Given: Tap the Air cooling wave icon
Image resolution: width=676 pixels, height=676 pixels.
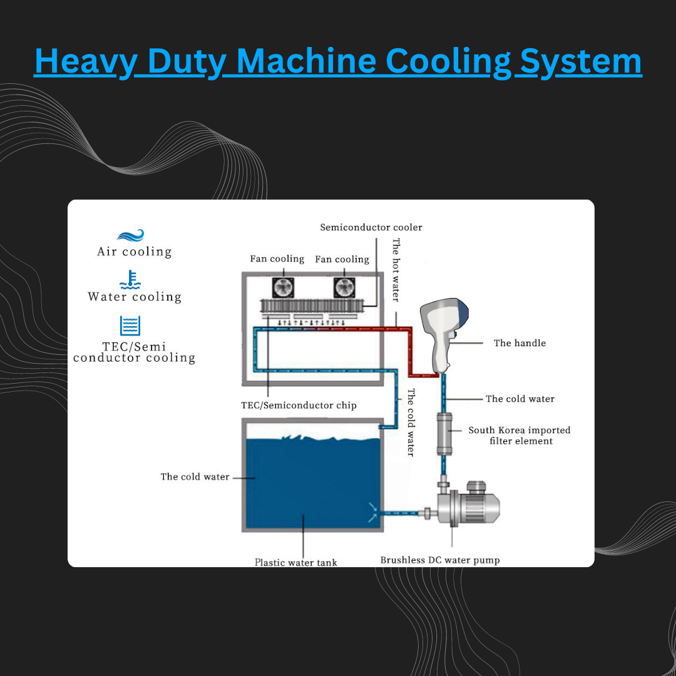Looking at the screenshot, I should point(130,235).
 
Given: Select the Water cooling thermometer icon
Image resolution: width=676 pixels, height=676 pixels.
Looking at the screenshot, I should point(130,280).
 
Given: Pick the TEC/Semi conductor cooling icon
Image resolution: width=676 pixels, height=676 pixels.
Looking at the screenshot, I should point(130,326).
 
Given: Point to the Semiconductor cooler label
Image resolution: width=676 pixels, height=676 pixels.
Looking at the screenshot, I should point(371,227).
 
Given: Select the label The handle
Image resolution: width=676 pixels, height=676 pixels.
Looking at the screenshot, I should point(520,343).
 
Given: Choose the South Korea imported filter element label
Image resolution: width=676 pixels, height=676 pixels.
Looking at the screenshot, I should point(520,436).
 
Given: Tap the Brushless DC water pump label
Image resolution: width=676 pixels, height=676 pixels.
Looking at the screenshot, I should point(440,560).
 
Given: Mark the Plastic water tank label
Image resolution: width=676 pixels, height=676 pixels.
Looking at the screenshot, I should point(295,562).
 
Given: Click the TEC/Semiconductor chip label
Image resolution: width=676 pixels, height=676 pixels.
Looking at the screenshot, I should point(299,406).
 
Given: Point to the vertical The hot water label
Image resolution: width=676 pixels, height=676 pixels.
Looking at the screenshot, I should point(396,269).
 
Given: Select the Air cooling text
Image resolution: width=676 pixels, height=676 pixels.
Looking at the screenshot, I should point(134,252).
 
